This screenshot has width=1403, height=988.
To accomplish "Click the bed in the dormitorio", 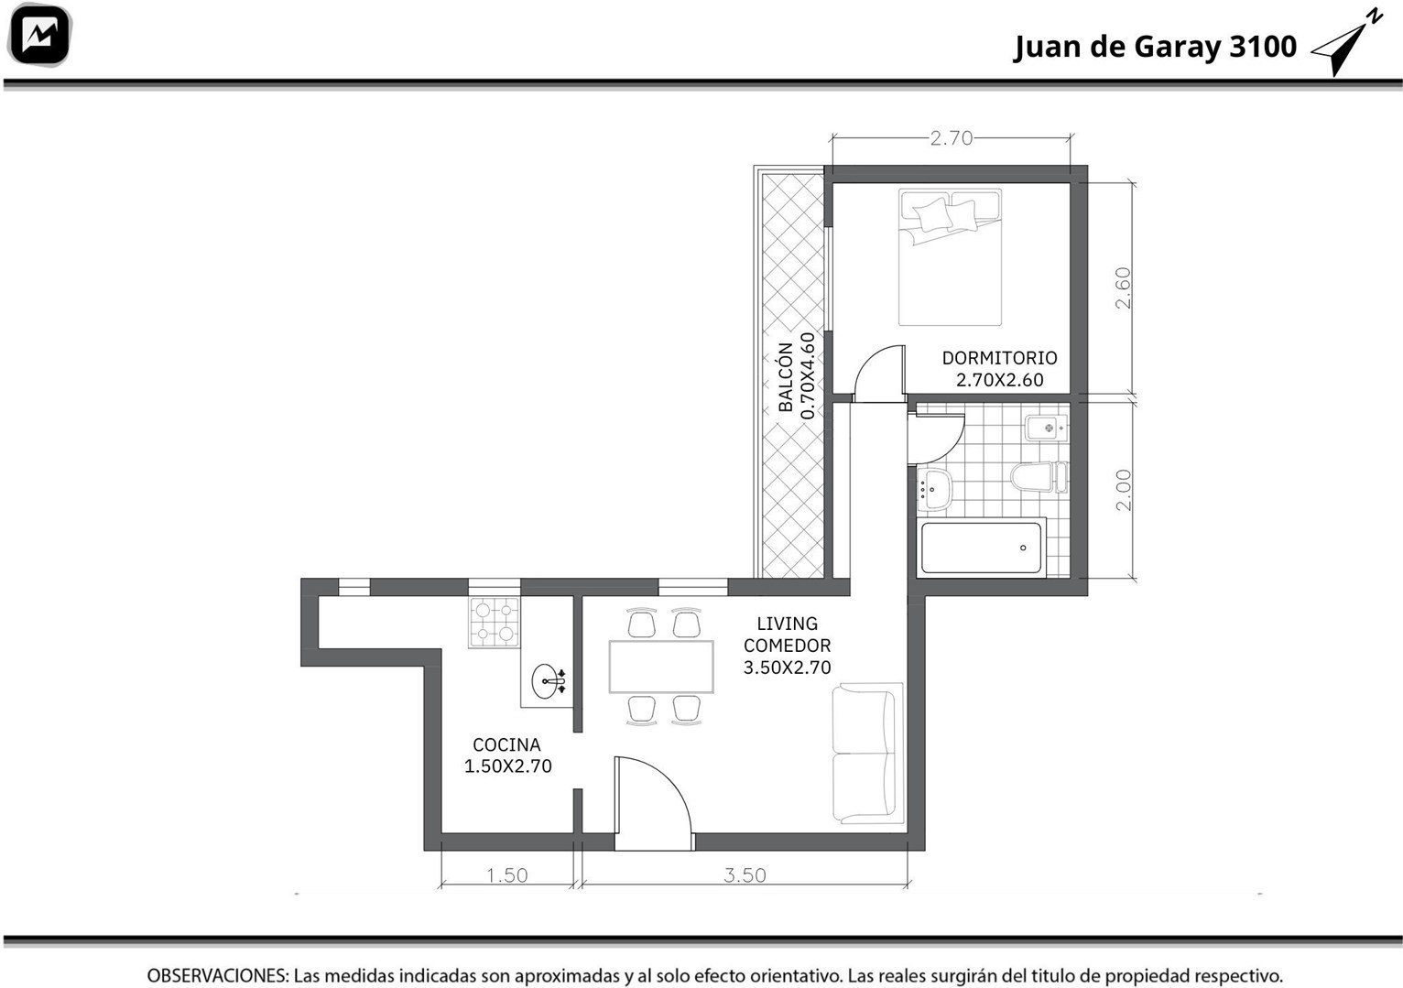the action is [x=950, y=257].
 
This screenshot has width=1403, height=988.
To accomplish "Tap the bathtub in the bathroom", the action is [x=981, y=548].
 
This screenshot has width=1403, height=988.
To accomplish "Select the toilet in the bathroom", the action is [x=1039, y=478].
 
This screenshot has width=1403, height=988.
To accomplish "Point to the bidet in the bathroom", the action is [x=1046, y=428].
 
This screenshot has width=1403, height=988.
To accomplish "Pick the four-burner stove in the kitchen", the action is [x=495, y=623].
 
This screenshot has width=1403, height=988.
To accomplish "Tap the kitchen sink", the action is [x=548, y=681].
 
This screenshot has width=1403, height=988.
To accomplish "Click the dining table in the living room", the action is [x=661, y=667].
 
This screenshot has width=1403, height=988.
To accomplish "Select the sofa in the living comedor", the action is [x=867, y=754].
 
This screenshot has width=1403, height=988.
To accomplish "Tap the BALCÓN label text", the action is [x=786, y=376].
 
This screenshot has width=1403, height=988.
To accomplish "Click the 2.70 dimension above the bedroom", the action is [x=952, y=137].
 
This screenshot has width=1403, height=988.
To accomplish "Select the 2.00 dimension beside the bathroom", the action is [x=1124, y=490].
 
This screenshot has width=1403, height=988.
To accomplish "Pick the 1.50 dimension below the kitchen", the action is [x=507, y=874].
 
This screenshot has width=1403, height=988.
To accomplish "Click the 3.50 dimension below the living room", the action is [x=745, y=874].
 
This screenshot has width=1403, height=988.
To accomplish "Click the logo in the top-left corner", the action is [x=39, y=35].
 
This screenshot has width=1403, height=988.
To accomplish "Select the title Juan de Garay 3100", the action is [x=1155, y=47].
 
